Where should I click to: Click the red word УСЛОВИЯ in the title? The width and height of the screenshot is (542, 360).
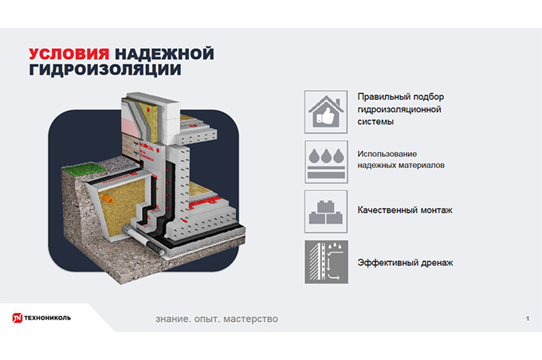click(x=69, y=53)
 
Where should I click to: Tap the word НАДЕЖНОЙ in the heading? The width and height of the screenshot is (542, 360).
click(x=165, y=53)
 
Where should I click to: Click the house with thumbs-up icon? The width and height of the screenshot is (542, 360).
click(x=325, y=110)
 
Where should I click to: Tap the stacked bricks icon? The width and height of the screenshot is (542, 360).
click(x=325, y=211)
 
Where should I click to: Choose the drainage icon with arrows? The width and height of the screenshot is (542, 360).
click(x=325, y=262)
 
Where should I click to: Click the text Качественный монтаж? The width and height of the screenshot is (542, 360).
click(x=405, y=210)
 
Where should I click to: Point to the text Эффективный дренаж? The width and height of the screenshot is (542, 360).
click(x=405, y=262)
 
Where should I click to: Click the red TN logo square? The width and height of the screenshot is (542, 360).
click(x=16, y=318)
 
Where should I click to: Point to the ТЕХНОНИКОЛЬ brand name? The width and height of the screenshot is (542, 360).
click(x=47, y=319)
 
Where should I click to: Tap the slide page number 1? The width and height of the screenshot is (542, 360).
click(x=527, y=319)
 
